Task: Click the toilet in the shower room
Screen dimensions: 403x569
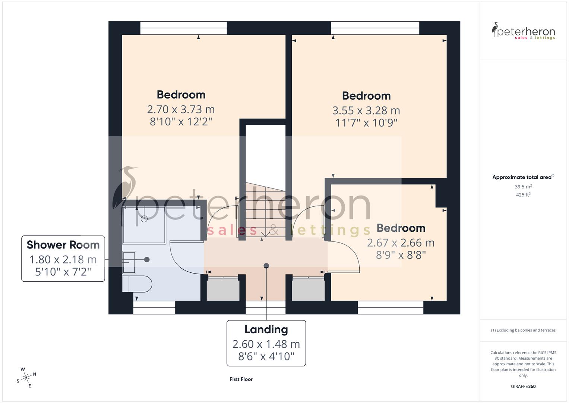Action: [137, 284]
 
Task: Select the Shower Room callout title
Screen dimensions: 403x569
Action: [63, 245]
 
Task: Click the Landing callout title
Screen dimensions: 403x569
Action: [266, 329]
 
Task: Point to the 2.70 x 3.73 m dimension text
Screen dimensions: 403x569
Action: [181, 109]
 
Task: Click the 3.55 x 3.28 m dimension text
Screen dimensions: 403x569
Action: [366, 110]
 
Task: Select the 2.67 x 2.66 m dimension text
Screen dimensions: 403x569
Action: [401, 243]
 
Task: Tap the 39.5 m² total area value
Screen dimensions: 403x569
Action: [523, 187]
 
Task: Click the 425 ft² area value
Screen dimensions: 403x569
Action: [523, 195]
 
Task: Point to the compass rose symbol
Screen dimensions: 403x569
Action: [26, 378]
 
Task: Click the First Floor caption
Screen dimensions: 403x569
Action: [241, 379]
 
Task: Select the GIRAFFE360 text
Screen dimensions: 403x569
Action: [523, 386]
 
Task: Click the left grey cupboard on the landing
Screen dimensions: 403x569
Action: [223, 289]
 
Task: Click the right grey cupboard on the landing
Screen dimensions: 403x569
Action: [308, 289]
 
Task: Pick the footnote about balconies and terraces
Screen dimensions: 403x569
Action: [523, 330]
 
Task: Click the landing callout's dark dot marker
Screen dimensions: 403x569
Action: [266, 266]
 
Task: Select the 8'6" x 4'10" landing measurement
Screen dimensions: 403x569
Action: [266, 356]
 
